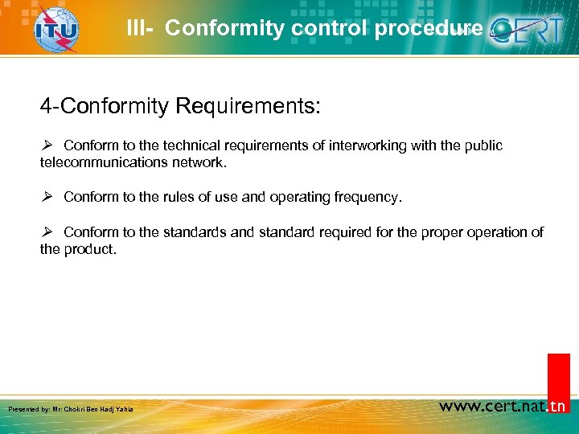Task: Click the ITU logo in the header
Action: pos(57,30)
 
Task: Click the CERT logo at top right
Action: pos(530,31)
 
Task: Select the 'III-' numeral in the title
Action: pos(142,29)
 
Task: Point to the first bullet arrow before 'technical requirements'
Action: pos(47,145)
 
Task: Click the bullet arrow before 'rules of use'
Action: pos(47,197)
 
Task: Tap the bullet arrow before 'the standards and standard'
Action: pos(47,232)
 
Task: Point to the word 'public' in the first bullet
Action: pos(484,145)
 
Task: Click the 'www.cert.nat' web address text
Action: pos(491,406)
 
